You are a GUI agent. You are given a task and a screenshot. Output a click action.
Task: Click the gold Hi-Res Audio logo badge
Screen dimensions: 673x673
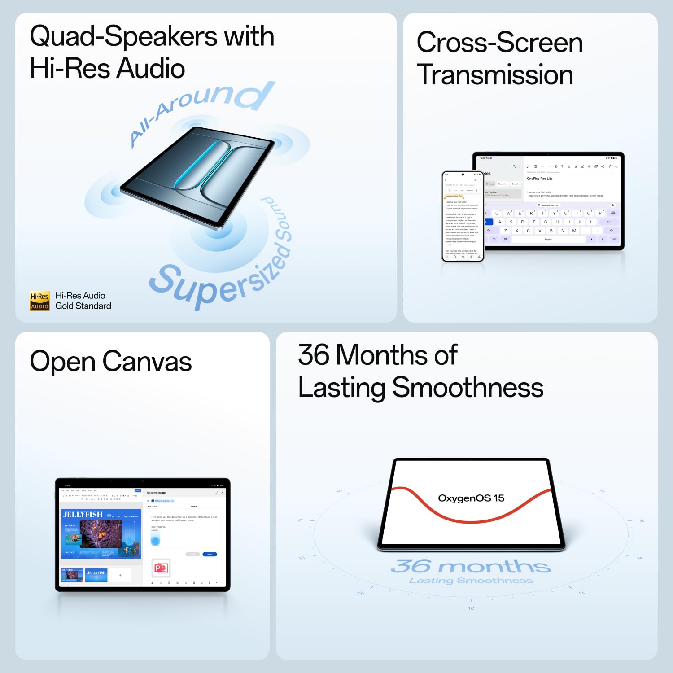(x=39, y=301)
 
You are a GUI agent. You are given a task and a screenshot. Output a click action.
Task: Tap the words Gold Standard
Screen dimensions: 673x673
(x=83, y=306)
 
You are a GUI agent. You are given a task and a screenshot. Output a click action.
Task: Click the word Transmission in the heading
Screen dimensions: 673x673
(x=495, y=75)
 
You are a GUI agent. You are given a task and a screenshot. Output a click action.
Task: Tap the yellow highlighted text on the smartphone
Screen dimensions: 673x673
(x=454, y=196)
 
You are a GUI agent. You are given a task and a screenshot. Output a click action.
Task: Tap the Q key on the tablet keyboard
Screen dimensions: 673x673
(x=497, y=213)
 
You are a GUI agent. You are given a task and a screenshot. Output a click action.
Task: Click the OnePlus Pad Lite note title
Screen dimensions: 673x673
(x=539, y=179)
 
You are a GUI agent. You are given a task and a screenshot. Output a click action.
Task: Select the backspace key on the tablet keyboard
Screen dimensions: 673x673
(x=613, y=213)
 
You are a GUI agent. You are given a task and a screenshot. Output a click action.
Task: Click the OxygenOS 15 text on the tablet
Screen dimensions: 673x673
(x=471, y=498)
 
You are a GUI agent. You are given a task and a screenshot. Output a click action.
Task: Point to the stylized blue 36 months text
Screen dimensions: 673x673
(x=471, y=566)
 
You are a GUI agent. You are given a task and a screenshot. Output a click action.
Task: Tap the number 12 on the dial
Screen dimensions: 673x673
(x=471, y=608)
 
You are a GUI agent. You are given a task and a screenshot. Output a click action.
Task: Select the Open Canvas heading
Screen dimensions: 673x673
(x=110, y=362)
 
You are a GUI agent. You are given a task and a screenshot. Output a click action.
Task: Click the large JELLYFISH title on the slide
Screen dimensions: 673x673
(x=83, y=514)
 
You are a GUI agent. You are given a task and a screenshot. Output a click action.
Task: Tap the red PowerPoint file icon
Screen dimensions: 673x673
(x=161, y=568)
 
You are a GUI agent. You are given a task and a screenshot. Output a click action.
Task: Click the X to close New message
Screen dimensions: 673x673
(x=222, y=493)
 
